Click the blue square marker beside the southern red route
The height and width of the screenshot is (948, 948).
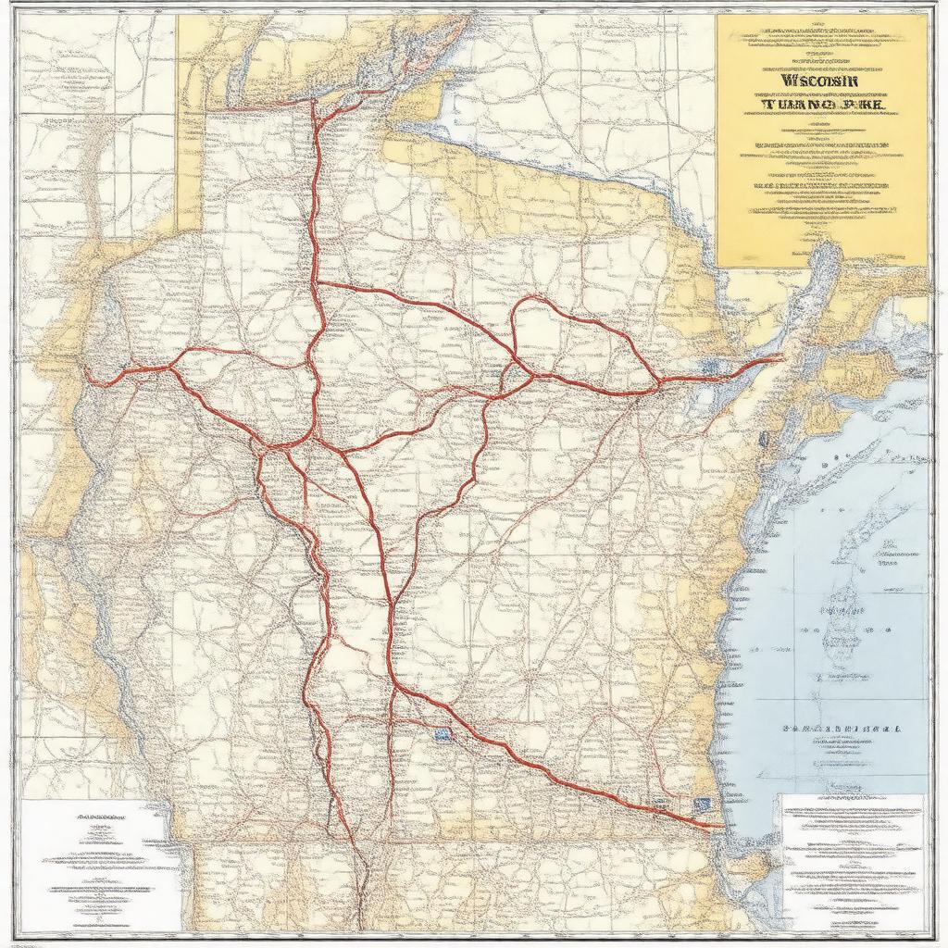point(442,735)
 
